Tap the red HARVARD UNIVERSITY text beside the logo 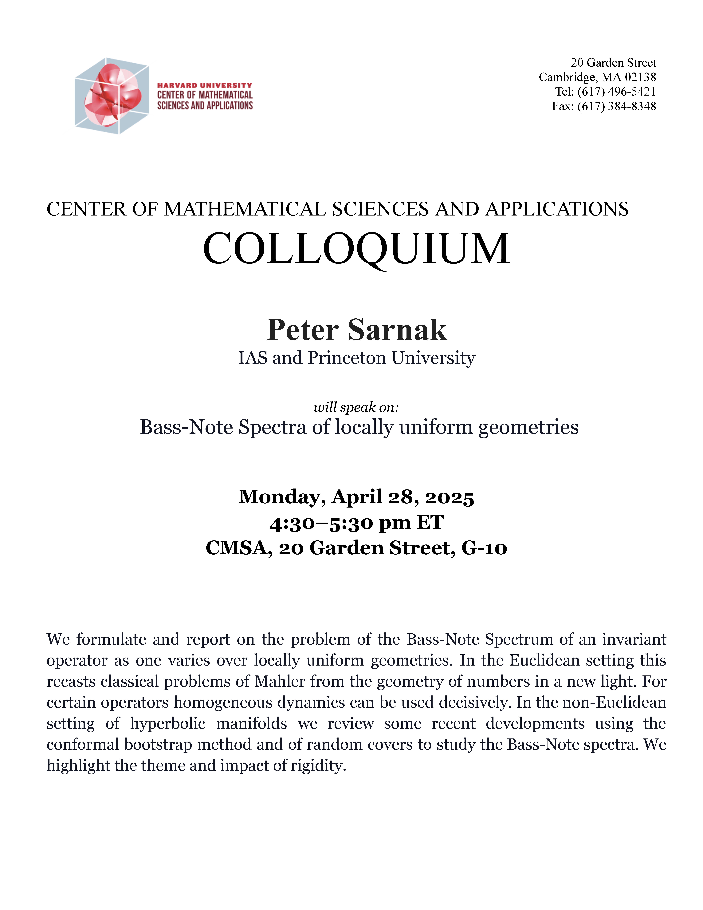204,85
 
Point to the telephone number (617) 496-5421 616,92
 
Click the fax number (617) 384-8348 616,106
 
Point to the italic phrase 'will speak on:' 356,407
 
